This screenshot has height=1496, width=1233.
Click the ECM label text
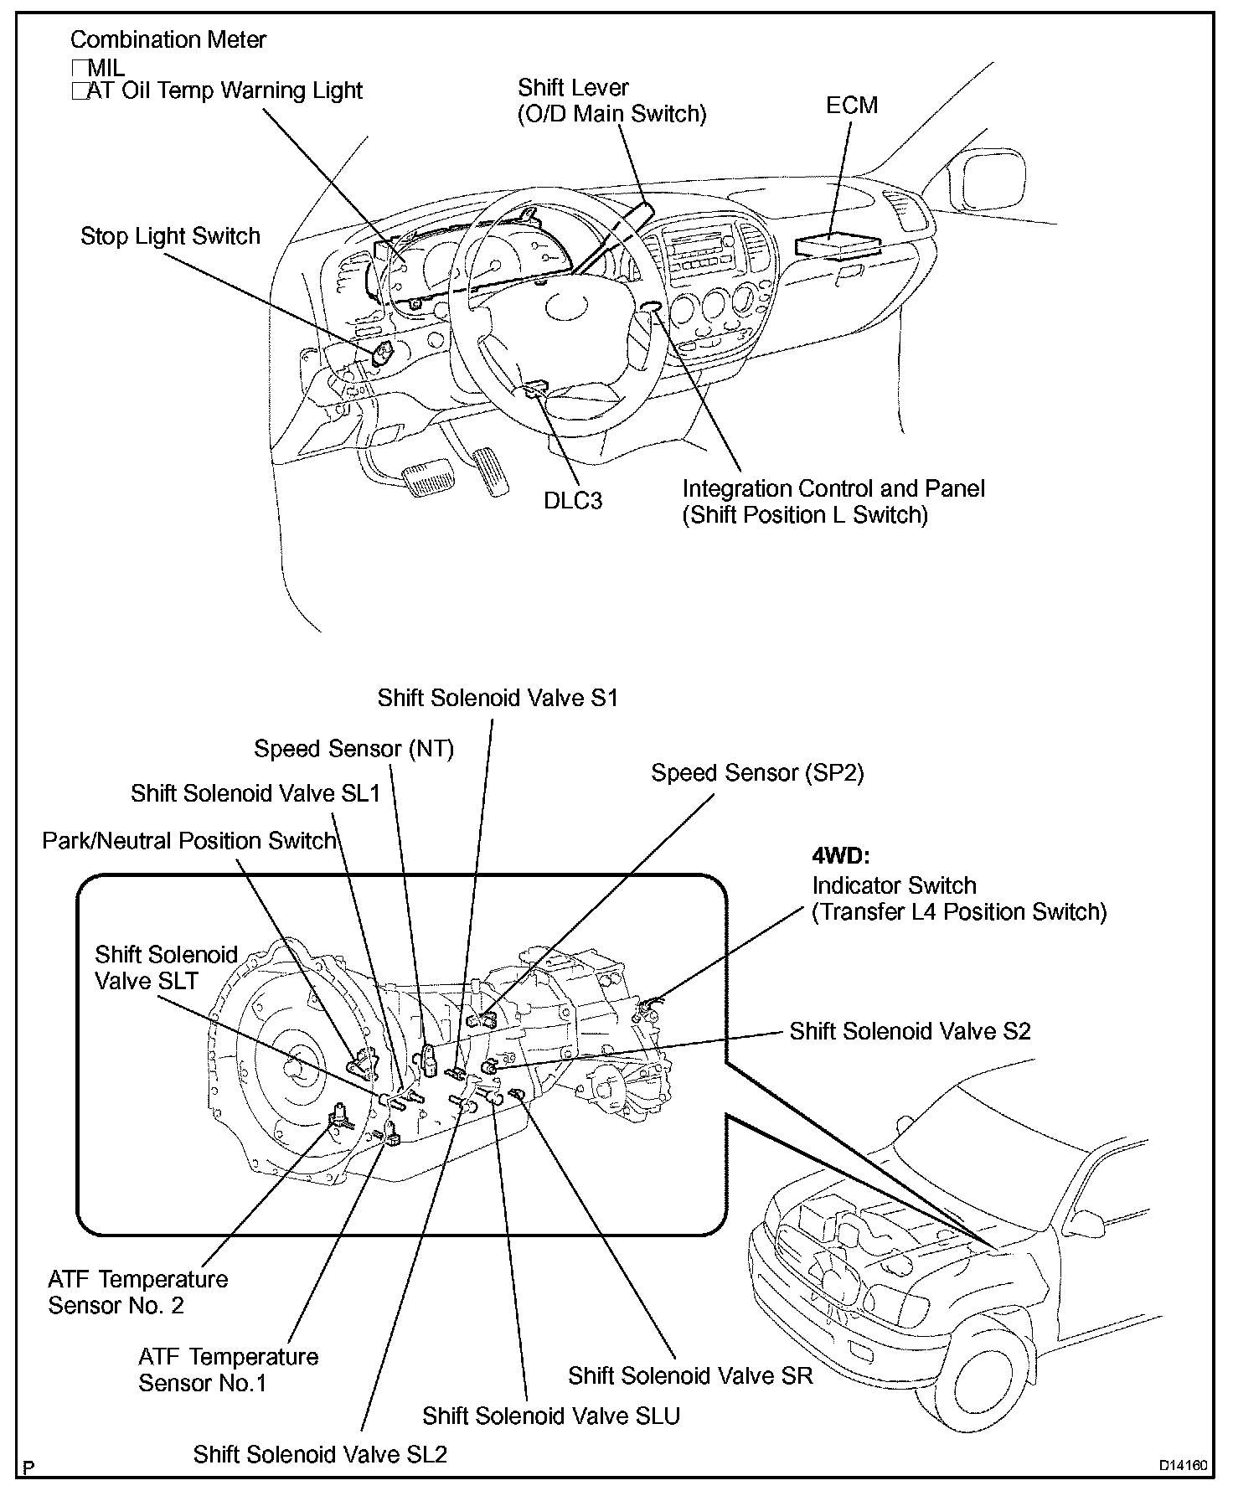[x=851, y=106]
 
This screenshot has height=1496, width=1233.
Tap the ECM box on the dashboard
[x=838, y=245]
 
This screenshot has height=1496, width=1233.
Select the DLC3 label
[x=573, y=500]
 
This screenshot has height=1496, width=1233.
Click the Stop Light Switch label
[x=170, y=236]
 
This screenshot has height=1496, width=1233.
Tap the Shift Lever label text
[x=573, y=88]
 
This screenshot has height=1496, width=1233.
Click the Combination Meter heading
[x=168, y=39]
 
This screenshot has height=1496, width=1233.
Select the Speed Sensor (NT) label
[x=353, y=748]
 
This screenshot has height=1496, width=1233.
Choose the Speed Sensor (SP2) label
[x=757, y=772]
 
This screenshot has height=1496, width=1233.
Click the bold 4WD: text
[x=842, y=856]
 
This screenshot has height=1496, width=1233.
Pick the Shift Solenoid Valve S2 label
[x=910, y=1030]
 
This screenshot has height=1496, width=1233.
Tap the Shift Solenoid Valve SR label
[x=690, y=1375]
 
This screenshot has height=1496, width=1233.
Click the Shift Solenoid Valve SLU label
[x=550, y=1416]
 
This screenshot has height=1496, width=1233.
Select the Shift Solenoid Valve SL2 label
[x=320, y=1454]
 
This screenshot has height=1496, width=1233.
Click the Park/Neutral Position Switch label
[x=189, y=840]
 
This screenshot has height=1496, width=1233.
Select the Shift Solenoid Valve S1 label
[x=498, y=698]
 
